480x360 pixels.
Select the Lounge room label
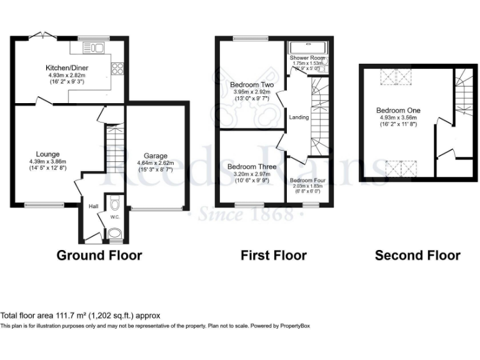tap(47, 154)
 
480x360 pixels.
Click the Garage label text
tap(155, 156)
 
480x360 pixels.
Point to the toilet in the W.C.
tap(114, 204)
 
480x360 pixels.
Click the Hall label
tap(92, 206)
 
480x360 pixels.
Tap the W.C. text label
tap(114, 217)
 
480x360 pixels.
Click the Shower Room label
tap(307, 57)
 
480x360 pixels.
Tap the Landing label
tap(299, 117)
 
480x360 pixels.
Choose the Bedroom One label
tap(398, 111)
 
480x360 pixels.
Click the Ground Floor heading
tap(99, 255)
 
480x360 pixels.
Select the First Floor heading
tap(274, 255)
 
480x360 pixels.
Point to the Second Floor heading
tap(417, 255)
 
